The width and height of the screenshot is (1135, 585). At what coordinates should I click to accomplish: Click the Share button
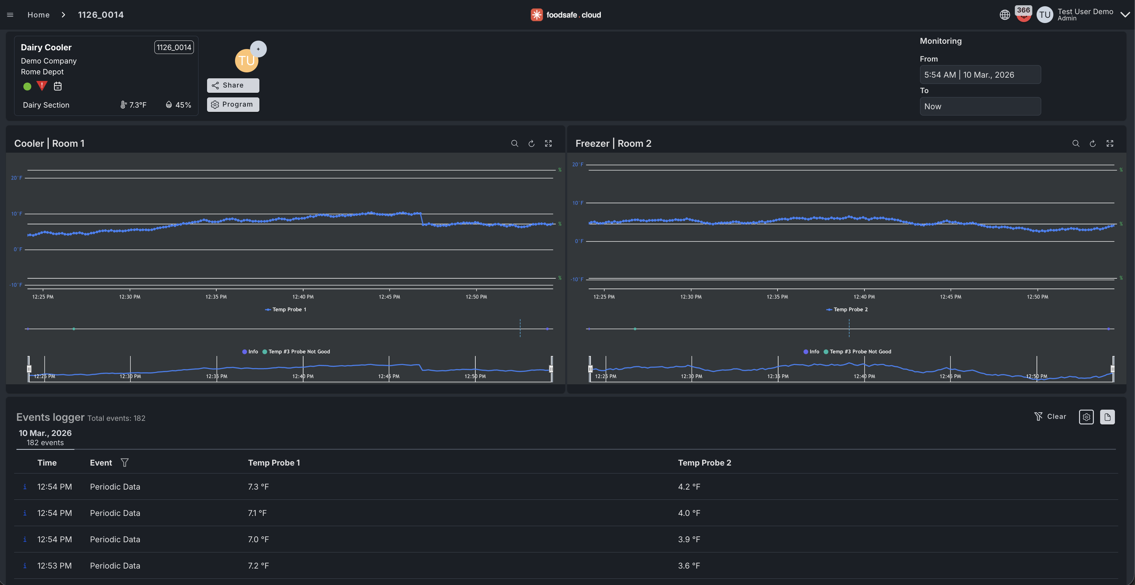(233, 85)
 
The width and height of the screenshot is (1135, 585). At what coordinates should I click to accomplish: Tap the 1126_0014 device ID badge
(173, 47)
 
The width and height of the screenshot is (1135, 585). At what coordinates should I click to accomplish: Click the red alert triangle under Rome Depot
(42, 86)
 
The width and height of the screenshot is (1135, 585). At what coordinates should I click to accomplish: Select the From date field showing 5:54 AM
(980, 74)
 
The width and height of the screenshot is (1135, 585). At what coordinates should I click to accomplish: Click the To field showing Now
(980, 106)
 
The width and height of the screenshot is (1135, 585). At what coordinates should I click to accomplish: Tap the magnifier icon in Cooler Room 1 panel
(514, 143)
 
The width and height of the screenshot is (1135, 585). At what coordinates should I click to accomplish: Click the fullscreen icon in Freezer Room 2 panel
(1109, 143)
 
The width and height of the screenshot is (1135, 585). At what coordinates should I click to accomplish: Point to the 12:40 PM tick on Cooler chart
(303, 296)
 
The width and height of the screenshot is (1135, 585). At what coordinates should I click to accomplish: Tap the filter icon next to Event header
(125, 463)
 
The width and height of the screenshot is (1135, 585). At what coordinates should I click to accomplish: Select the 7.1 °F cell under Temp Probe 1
(257, 513)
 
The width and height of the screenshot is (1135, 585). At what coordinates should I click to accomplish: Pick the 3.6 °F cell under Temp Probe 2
(689, 566)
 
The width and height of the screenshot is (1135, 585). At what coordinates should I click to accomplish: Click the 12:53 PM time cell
(54, 566)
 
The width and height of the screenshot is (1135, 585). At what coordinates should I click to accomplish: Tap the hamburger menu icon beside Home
(10, 14)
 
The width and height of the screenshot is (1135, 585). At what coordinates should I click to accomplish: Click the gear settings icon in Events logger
(1086, 417)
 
